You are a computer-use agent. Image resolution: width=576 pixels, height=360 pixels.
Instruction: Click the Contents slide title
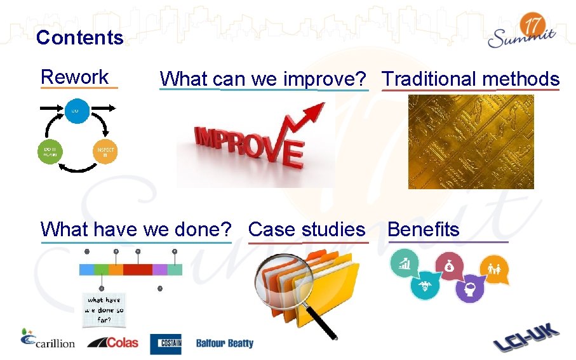79,37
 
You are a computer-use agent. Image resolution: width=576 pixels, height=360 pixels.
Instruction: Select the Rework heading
74,77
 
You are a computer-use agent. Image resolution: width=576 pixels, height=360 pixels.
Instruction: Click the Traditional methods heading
470,79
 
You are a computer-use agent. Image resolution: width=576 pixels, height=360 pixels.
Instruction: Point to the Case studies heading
307,229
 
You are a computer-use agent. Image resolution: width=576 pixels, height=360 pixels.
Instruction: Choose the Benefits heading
423,229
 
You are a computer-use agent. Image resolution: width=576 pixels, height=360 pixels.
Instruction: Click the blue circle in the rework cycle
76,111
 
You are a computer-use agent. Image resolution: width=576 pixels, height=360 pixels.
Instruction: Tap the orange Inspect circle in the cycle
105,151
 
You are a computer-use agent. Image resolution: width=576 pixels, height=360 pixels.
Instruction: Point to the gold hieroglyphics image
471,142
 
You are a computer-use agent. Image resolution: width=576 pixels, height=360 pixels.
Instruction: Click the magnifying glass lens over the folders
281,280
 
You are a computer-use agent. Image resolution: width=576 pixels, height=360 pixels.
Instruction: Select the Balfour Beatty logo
224,343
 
